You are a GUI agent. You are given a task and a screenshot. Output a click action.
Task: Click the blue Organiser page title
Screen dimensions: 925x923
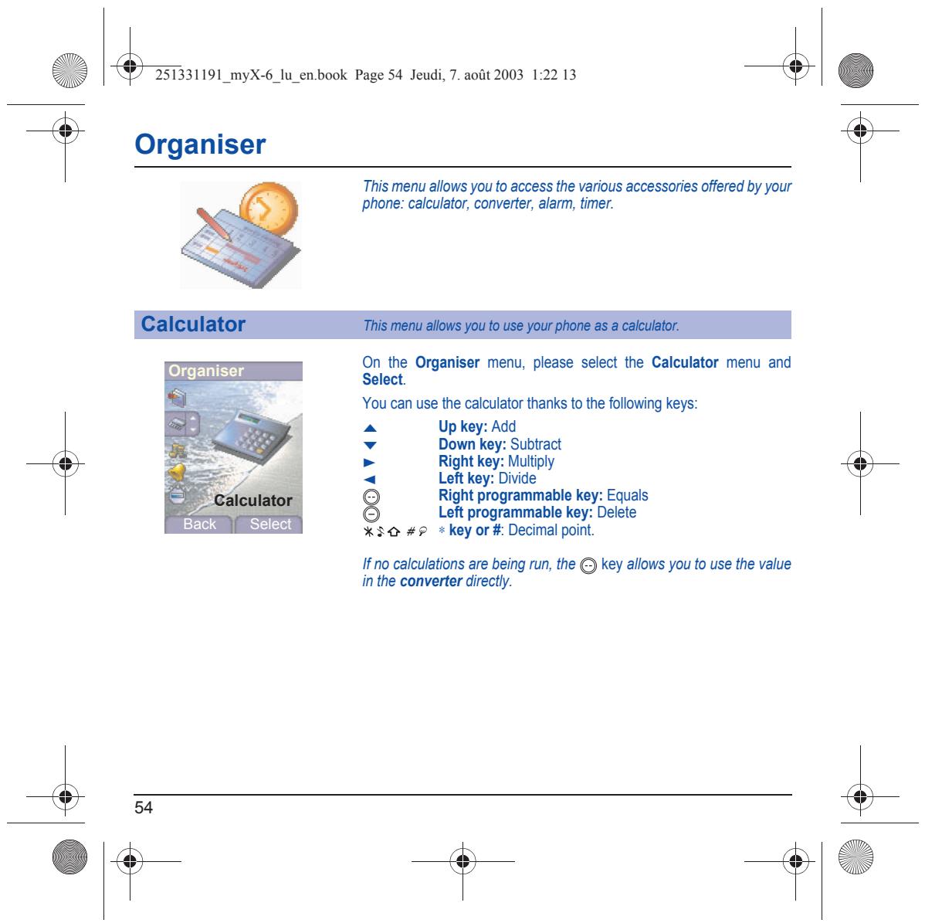tap(200, 144)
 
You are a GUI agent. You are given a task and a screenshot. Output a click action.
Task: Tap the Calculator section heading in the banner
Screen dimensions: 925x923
tap(193, 324)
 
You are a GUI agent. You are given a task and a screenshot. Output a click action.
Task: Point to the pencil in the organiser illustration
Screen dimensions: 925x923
tap(214, 225)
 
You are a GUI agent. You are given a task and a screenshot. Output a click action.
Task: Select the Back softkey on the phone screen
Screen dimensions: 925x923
tap(199, 524)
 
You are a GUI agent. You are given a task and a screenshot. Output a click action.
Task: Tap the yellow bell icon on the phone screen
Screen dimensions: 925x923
tap(176, 472)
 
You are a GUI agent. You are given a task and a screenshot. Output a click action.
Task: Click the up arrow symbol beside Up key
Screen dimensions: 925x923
tap(370, 428)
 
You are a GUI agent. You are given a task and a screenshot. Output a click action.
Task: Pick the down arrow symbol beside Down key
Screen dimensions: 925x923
tap(370, 446)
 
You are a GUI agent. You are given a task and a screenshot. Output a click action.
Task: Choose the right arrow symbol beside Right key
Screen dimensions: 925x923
tap(369, 463)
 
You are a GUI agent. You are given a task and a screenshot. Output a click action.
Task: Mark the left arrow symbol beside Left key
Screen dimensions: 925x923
tap(369, 480)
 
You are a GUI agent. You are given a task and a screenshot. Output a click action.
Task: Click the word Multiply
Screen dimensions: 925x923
tap(531, 462)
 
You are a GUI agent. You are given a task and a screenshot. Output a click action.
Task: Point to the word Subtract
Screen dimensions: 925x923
tap(536, 444)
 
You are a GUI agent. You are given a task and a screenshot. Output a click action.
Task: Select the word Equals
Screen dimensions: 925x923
tap(627, 496)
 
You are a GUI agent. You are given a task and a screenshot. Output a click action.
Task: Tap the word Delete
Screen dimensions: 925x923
tap(616, 512)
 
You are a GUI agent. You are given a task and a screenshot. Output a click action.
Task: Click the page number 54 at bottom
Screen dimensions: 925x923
tap(144, 807)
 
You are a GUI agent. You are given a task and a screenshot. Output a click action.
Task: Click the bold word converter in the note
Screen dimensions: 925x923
tap(431, 582)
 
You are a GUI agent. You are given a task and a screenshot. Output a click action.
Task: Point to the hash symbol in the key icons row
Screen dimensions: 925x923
tap(411, 531)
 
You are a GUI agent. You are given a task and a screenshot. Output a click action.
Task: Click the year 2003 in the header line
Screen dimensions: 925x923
tap(508, 75)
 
